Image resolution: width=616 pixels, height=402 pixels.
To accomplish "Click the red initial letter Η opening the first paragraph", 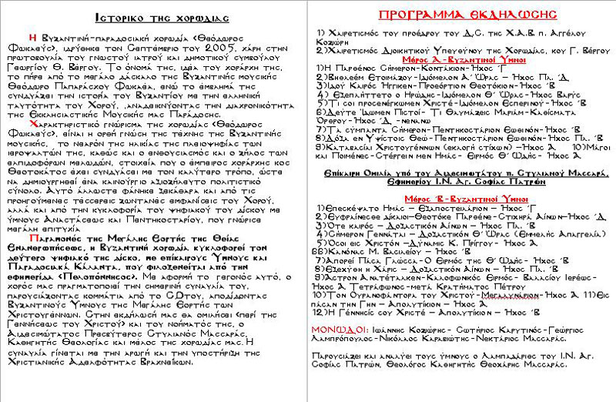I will [33, 35].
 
